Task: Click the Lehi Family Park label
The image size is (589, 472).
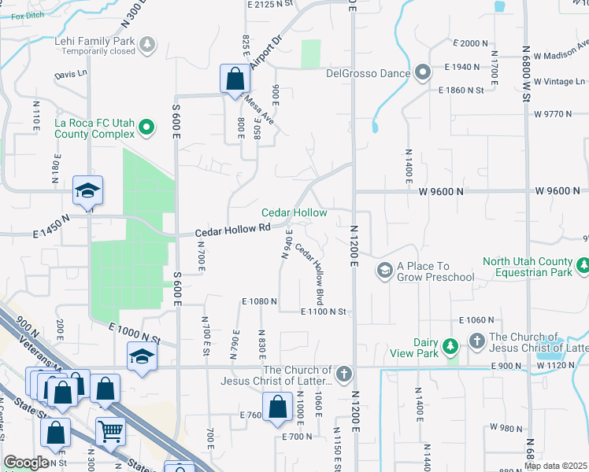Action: coord(94,40)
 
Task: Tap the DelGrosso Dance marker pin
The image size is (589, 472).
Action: coord(423,74)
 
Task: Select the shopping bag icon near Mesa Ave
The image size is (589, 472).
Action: coord(235,79)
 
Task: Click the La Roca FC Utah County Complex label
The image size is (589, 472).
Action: coord(94,129)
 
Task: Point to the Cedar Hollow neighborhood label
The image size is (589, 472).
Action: coord(294,213)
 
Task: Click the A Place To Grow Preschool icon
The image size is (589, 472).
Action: coord(385,271)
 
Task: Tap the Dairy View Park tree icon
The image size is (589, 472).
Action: coord(450,346)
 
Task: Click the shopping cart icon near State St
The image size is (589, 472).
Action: coord(110,430)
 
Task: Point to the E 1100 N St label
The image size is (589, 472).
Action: coord(324,312)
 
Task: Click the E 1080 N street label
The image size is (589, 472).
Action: coord(261,301)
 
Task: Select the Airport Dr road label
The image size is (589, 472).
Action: coord(265,52)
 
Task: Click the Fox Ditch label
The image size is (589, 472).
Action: coord(17,14)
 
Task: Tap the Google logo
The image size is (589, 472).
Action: coord(26,463)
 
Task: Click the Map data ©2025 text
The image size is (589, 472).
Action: coord(555,466)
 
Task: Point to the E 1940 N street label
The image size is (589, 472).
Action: coord(463,68)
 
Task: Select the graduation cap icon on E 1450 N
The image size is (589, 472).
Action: coord(87,190)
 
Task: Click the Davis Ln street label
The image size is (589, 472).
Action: coord(70,75)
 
